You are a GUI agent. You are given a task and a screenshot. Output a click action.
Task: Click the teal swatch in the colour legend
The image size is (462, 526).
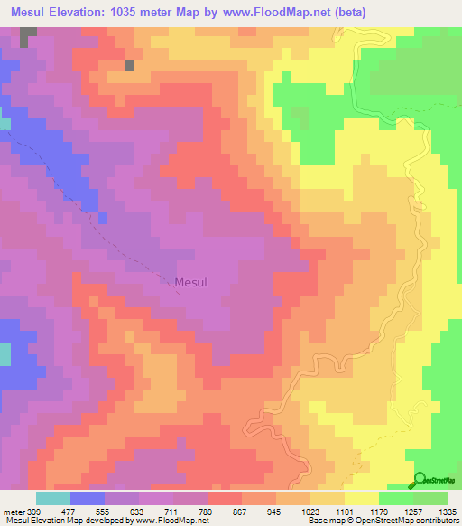pyautogui.click(x=53, y=498)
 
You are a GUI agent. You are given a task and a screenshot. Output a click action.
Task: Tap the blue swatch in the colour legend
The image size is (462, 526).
pyautogui.click(x=88, y=498)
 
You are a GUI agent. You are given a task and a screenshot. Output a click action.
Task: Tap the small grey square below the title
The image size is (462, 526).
pyautogui.click(x=129, y=65)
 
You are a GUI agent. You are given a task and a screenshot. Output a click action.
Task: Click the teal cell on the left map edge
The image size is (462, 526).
pyautogui.click(x=5, y=353)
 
